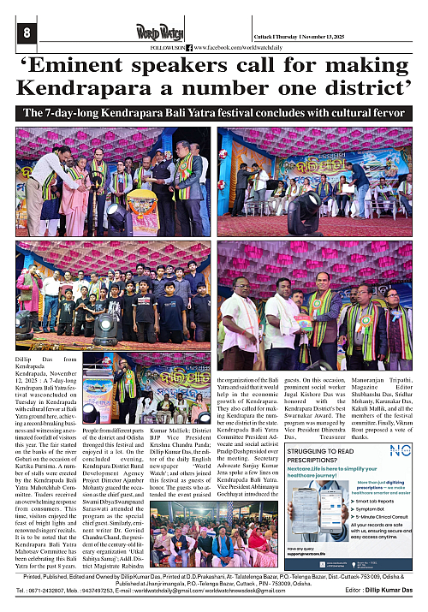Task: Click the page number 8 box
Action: pyautogui.click(x=27, y=33)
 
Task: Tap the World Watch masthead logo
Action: pyautogui.click(x=160, y=33)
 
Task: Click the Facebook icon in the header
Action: pyautogui.click(x=189, y=48)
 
